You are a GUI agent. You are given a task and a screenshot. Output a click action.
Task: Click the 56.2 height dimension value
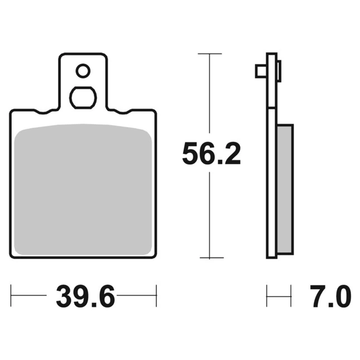[211, 153]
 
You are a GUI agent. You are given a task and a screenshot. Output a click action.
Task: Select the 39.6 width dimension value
[85, 296]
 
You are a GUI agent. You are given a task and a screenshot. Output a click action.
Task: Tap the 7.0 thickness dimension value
[330, 296]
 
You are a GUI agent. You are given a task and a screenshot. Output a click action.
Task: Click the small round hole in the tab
[83, 71]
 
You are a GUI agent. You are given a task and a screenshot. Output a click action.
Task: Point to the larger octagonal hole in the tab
[83, 98]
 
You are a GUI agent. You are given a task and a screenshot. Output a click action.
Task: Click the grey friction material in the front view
[83, 190]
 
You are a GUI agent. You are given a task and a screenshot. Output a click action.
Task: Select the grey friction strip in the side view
[285, 189]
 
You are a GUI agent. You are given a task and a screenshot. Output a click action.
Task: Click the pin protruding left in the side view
[261, 71]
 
